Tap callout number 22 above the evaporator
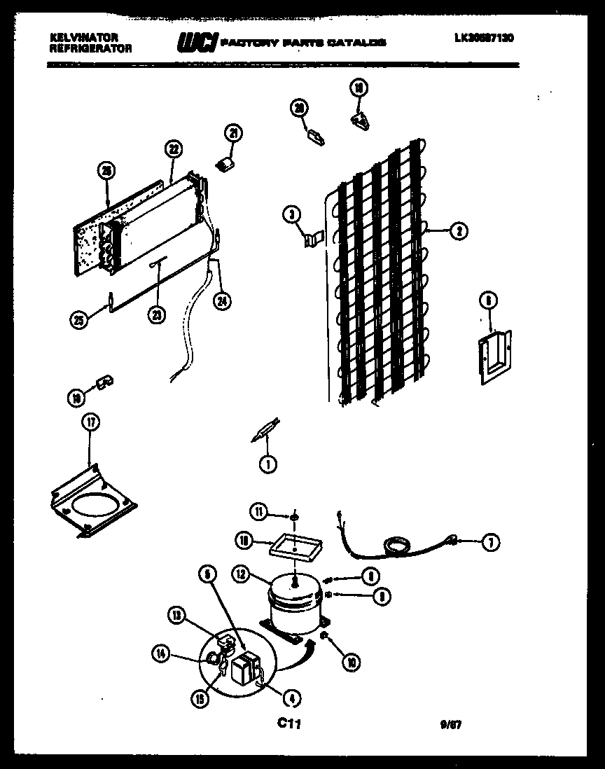[173, 148]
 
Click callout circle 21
[232, 133]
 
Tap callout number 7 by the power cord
[490, 541]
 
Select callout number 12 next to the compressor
[242, 574]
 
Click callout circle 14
[161, 655]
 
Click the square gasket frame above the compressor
[295, 543]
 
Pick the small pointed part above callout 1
[265, 430]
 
